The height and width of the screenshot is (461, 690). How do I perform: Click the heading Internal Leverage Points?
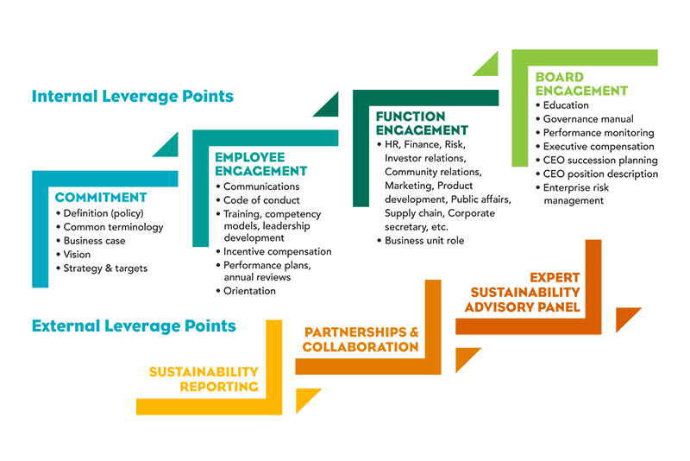[x=133, y=97]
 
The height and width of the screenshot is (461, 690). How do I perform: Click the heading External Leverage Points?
[x=134, y=325]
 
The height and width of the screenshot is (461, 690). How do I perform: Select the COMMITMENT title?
[x=101, y=197]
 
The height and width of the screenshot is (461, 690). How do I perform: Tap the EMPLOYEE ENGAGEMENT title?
[x=261, y=164]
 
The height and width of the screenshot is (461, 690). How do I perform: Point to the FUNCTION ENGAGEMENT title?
[x=422, y=123]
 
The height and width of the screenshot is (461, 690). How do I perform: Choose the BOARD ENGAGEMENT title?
[x=581, y=84]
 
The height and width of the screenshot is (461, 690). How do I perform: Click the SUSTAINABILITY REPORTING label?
[x=204, y=379]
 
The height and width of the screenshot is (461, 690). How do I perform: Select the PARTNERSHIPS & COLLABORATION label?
[x=361, y=339]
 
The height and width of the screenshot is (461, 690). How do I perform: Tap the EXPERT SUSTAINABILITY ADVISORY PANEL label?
[x=523, y=292]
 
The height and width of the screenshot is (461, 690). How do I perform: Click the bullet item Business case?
[x=94, y=241]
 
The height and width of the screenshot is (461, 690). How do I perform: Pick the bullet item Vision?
[x=77, y=255]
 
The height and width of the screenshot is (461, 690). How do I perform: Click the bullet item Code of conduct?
[x=261, y=200]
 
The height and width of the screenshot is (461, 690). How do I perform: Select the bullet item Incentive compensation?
[x=277, y=251]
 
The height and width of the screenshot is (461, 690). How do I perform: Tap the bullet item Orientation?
[x=249, y=291]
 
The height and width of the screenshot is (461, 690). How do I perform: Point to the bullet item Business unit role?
[x=424, y=240]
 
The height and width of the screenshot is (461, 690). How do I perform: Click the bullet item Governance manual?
[x=588, y=119]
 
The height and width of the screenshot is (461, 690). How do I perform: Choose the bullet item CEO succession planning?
[x=600, y=161]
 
